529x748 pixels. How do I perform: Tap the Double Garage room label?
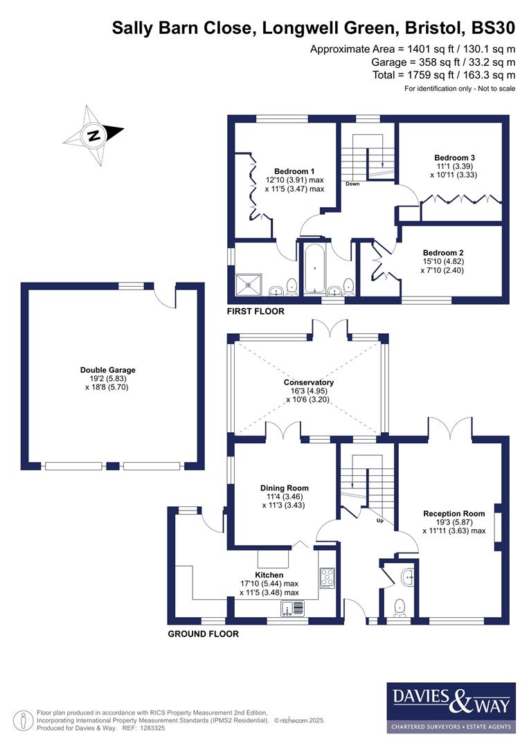(x=107, y=370)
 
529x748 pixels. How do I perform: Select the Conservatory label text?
(x=308, y=382)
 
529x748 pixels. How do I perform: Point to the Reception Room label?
(x=454, y=514)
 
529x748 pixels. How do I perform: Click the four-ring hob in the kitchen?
(x=326, y=576)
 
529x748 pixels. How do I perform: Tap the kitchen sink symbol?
(x=294, y=609)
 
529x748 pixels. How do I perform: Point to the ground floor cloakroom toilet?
(x=400, y=607)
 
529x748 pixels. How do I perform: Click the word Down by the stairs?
(x=352, y=184)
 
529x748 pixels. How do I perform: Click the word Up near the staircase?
(x=379, y=520)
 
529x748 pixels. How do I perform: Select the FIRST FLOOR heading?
(x=255, y=312)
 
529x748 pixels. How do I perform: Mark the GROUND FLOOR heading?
(x=204, y=634)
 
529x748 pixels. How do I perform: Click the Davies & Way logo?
(x=450, y=706)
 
